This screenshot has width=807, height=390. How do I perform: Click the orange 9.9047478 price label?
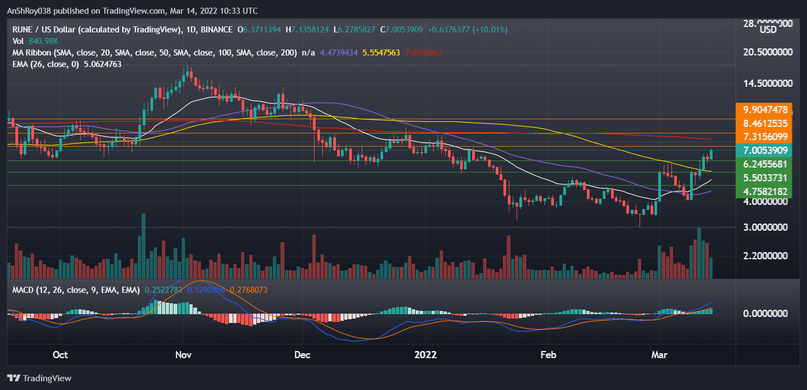pos(766,109)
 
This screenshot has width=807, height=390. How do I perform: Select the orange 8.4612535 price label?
pos(766,123)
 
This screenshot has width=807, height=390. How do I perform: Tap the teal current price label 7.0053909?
pos(766,150)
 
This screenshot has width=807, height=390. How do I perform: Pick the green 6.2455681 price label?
pos(766,164)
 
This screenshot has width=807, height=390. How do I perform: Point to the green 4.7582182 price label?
pos(766,192)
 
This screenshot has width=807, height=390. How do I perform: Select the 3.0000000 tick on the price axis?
pos(766,227)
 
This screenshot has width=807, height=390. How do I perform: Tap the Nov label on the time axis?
pos(183,355)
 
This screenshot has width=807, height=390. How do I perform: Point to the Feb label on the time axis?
pos(548,355)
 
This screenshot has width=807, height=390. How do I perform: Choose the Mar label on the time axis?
pos(659,355)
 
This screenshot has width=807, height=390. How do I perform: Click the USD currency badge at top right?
pos(768,30)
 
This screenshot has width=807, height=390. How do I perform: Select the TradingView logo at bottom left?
pos(39,378)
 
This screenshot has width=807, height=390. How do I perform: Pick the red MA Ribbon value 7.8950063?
pos(423,53)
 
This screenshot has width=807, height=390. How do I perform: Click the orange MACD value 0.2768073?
pos(249,289)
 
